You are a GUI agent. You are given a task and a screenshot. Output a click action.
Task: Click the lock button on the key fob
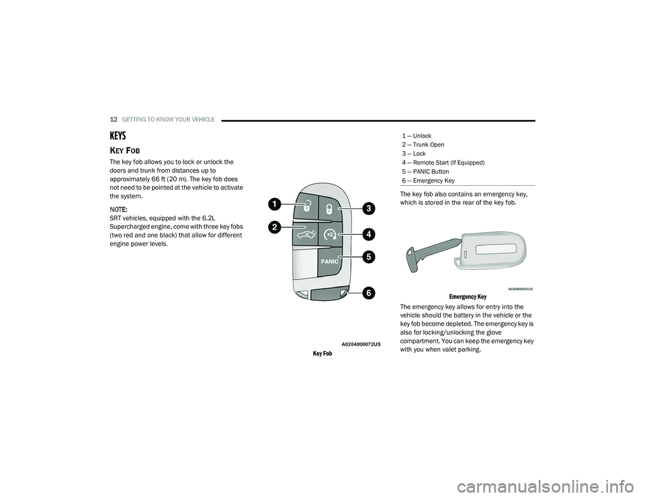pyautogui.click(x=330, y=209)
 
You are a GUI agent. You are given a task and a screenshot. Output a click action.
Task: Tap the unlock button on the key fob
pyautogui.click(x=305, y=205)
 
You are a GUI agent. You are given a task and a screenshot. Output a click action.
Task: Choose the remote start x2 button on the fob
pyautogui.click(x=330, y=235)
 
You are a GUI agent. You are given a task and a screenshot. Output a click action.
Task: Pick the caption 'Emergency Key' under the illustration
pyautogui.click(x=468, y=297)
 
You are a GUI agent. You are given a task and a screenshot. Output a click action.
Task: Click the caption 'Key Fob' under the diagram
pyautogui.click(x=322, y=354)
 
